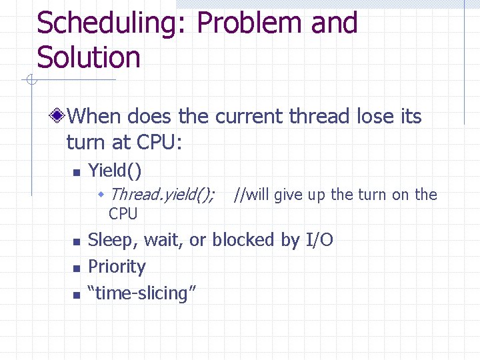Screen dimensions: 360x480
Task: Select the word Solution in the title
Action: pyautogui.click(x=89, y=57)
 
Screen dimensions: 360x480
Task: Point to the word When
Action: pyautogui.click(x=94, y=117)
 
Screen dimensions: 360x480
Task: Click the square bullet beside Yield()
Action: pyautogui.click(x=77, y=172)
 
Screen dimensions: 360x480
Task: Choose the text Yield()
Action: pyautogui.click(x=115, y=171)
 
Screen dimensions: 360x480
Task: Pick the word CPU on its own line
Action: pyautogui.click(x=123, y=214)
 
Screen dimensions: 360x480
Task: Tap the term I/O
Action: pyautogui.click(x=319, y=240)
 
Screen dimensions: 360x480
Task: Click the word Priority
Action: pyautogui.click(x=117, y=267)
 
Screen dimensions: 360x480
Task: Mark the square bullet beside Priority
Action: pyautogui.click(x=77, y=268)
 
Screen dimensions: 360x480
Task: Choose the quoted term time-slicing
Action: pyautogui.click(x=141, y=293)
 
